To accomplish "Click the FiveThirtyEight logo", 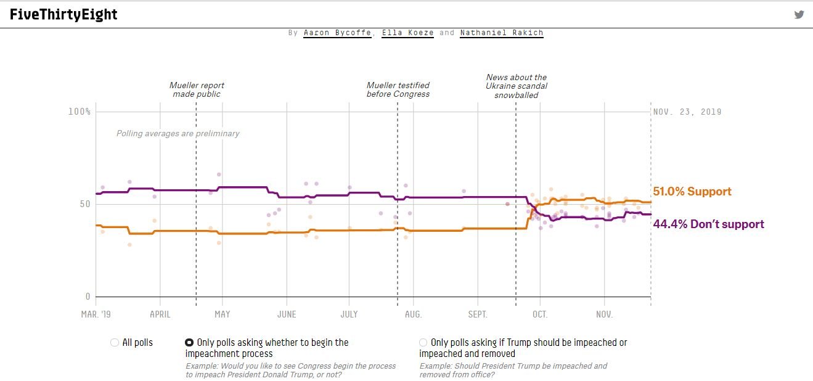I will point(63,15).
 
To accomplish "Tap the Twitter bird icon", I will point(799,15).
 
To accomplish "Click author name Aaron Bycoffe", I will point(337,33).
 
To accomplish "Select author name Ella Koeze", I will point(407,33).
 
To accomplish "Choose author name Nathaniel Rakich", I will point(501,33).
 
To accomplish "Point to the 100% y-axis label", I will point(80,112).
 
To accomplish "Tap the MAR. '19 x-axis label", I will point(96,314).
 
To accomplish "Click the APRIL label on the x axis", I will point(160,314).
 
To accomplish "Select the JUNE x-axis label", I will point(286,314).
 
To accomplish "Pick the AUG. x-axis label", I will point(413,314).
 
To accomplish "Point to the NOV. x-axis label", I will point(604,314).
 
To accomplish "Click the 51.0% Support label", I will point(692,192).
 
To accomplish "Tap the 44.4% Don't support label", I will point(708,224).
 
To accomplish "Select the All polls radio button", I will point(115,343).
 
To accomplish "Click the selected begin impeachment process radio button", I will point(189,343).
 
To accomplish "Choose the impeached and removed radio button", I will point(423,343).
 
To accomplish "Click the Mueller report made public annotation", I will point(197,89).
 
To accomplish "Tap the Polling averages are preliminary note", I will point(178,133).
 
